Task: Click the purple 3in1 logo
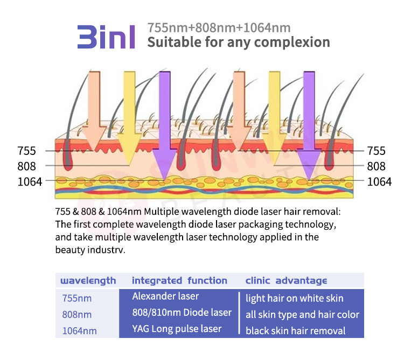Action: (106, 37)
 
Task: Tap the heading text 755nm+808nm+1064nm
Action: (219, 28)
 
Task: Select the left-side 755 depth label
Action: (26, 151)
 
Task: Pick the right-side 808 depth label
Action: (376, 166)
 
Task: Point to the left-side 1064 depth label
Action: (30, 182)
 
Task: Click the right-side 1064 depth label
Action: (379, 182)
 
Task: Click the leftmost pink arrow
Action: (94, 111)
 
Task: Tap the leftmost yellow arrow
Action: (129, 118)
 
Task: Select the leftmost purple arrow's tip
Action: (165, 180)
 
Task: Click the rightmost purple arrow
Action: (309, 125)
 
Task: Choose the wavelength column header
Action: (88, 280)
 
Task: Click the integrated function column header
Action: (179, 280)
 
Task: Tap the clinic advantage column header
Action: (286, 280)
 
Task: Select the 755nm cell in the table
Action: (77, 298)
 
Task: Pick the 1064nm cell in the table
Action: (79, 330)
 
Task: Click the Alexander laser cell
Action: (165, 297)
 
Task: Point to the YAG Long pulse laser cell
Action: (177, 329)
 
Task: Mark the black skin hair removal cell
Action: (296, 331)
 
